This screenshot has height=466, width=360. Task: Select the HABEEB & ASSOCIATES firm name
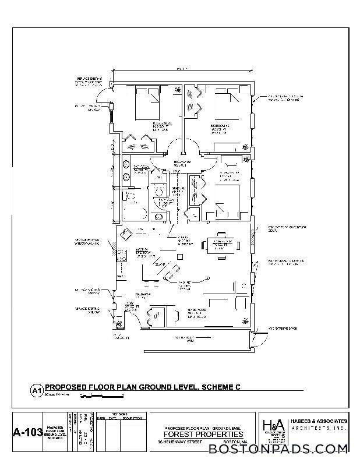[319, 421]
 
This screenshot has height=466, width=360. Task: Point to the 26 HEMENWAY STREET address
[183, 442]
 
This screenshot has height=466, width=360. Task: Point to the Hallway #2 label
[182, 163]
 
